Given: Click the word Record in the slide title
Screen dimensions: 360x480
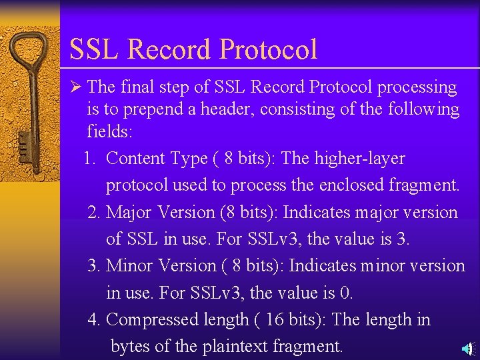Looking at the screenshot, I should point(168,49).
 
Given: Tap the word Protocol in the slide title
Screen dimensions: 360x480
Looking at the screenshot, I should point(268,50).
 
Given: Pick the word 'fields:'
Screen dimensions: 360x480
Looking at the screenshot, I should point(110,131).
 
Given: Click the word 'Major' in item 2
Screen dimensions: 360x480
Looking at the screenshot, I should point(129,213).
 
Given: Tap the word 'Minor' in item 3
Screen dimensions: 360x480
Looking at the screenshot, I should point(130,266).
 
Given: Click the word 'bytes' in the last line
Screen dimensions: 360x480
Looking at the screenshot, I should point(131,347).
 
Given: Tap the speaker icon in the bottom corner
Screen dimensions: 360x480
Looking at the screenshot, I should point(468,348).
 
